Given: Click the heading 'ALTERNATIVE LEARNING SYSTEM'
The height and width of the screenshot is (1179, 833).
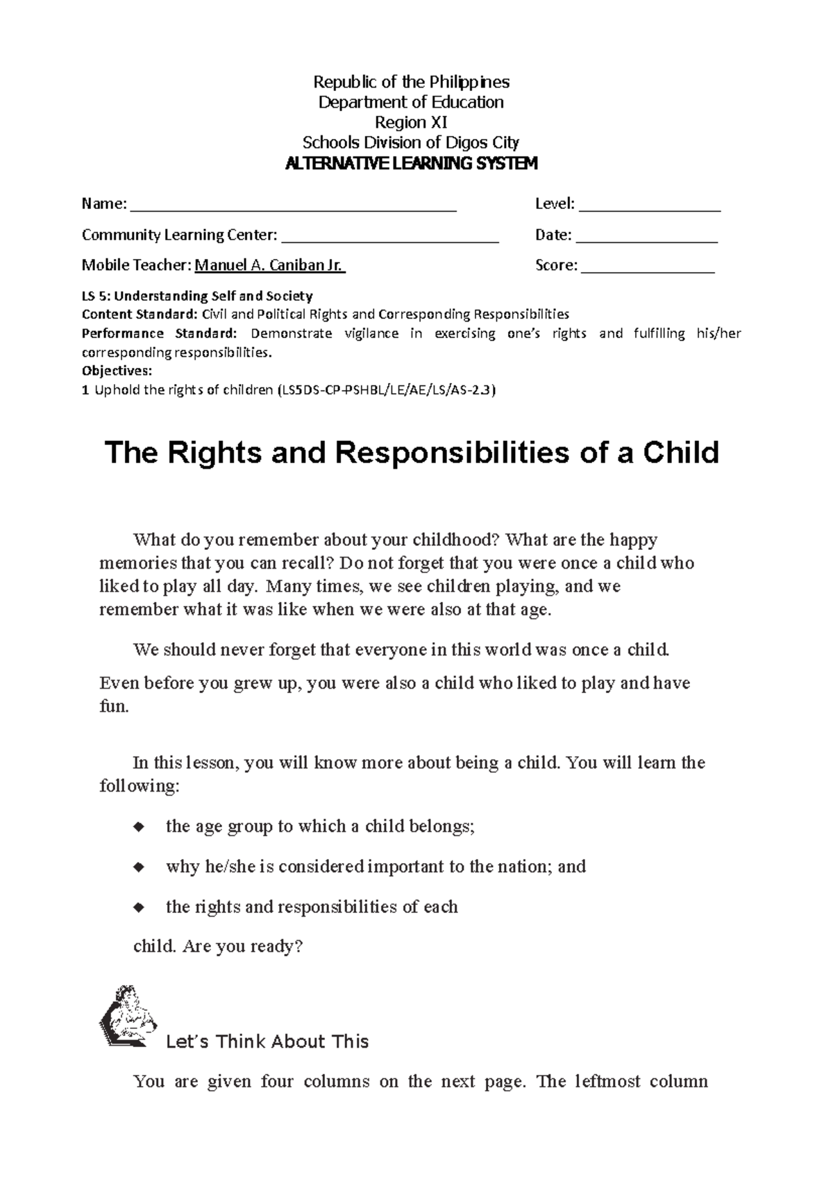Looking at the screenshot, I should pyautogui.click(x=411, y=164).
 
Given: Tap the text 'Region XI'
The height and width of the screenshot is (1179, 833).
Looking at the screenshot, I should pyautogui.click(x=411, y=123).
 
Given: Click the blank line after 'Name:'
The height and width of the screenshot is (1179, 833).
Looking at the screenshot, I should pyautogui.click(x=293, y=206).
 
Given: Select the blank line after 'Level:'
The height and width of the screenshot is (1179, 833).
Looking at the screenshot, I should pyautogui.click(x=650, y=206).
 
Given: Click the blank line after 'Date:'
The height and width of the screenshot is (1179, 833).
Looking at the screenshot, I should pyautogui.click(x=646, y=237).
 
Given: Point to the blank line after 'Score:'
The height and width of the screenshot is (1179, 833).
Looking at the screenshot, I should pyautogui.click(x=647, y=267).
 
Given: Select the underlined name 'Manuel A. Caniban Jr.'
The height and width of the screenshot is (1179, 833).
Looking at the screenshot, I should pyautogui.click(x=270, y=265).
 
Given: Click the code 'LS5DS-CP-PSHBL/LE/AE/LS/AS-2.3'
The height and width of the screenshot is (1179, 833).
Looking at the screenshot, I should pyautogui.click(x=386, y=390).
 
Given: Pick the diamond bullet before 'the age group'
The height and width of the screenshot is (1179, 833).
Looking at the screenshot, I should pyautogui.click(x=139, y=827).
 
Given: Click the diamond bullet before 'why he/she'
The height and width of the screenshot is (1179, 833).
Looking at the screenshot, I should pyautogui.click(x=139, y=867).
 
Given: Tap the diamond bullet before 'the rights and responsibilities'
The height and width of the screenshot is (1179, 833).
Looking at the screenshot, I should pyautogui.click(x=139, y=908).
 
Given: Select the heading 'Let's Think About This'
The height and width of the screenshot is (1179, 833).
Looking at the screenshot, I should pyautogui.click(x=267, y=1042).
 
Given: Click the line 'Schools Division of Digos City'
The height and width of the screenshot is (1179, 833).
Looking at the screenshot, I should pyautogui.click(x=411, y=143).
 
